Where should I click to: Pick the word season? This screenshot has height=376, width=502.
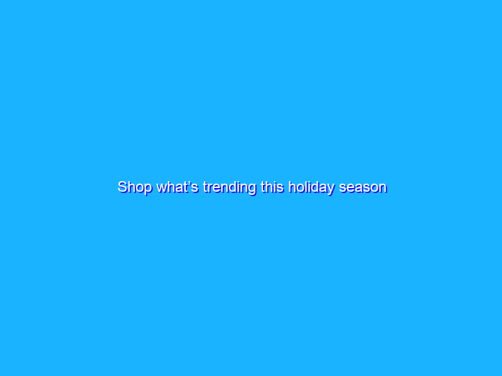point(363,187)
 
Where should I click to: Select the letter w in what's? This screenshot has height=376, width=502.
point(162,187)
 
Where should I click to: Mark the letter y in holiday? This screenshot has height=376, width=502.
point(332,189)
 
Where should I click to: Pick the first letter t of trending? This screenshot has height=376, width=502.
point(205,187)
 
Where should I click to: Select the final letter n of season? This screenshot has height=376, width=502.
point(382,187)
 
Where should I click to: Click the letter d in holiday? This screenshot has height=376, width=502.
point(316,187)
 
